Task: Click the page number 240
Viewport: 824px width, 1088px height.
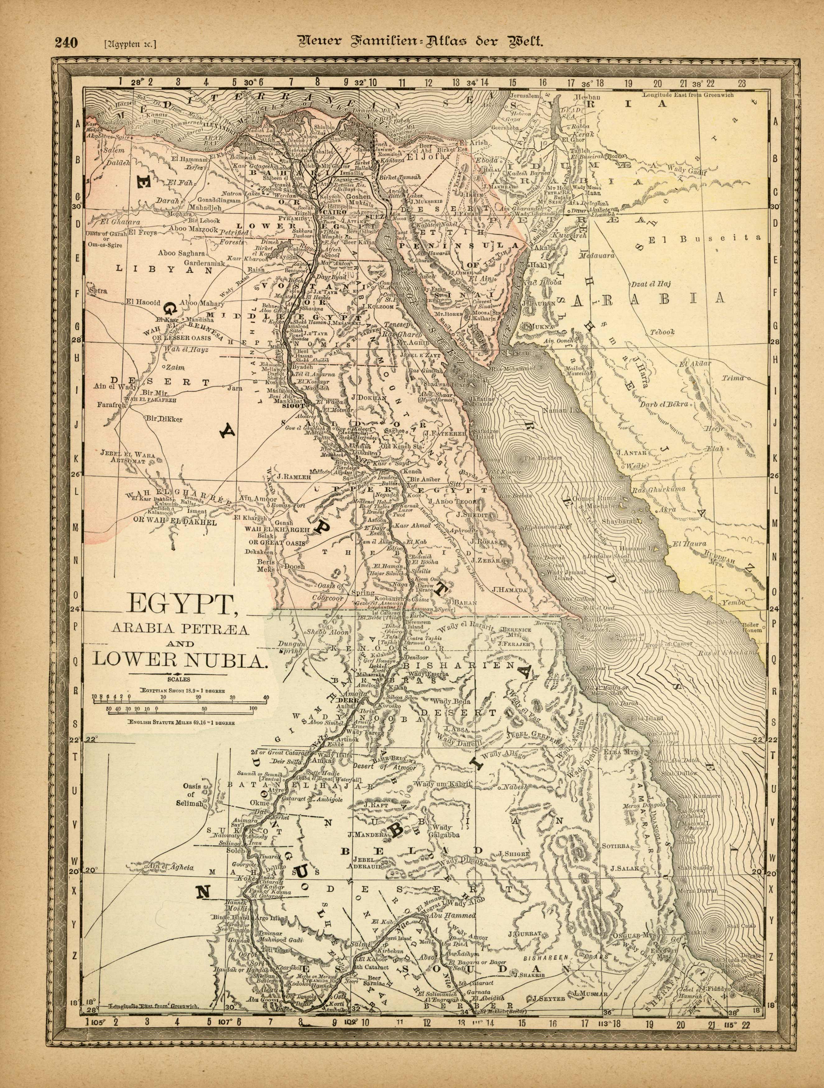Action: (x=67, y=43)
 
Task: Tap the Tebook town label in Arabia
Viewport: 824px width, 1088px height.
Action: (x=662, y=333)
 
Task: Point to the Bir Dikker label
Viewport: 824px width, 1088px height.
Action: (x=164, y=420)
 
